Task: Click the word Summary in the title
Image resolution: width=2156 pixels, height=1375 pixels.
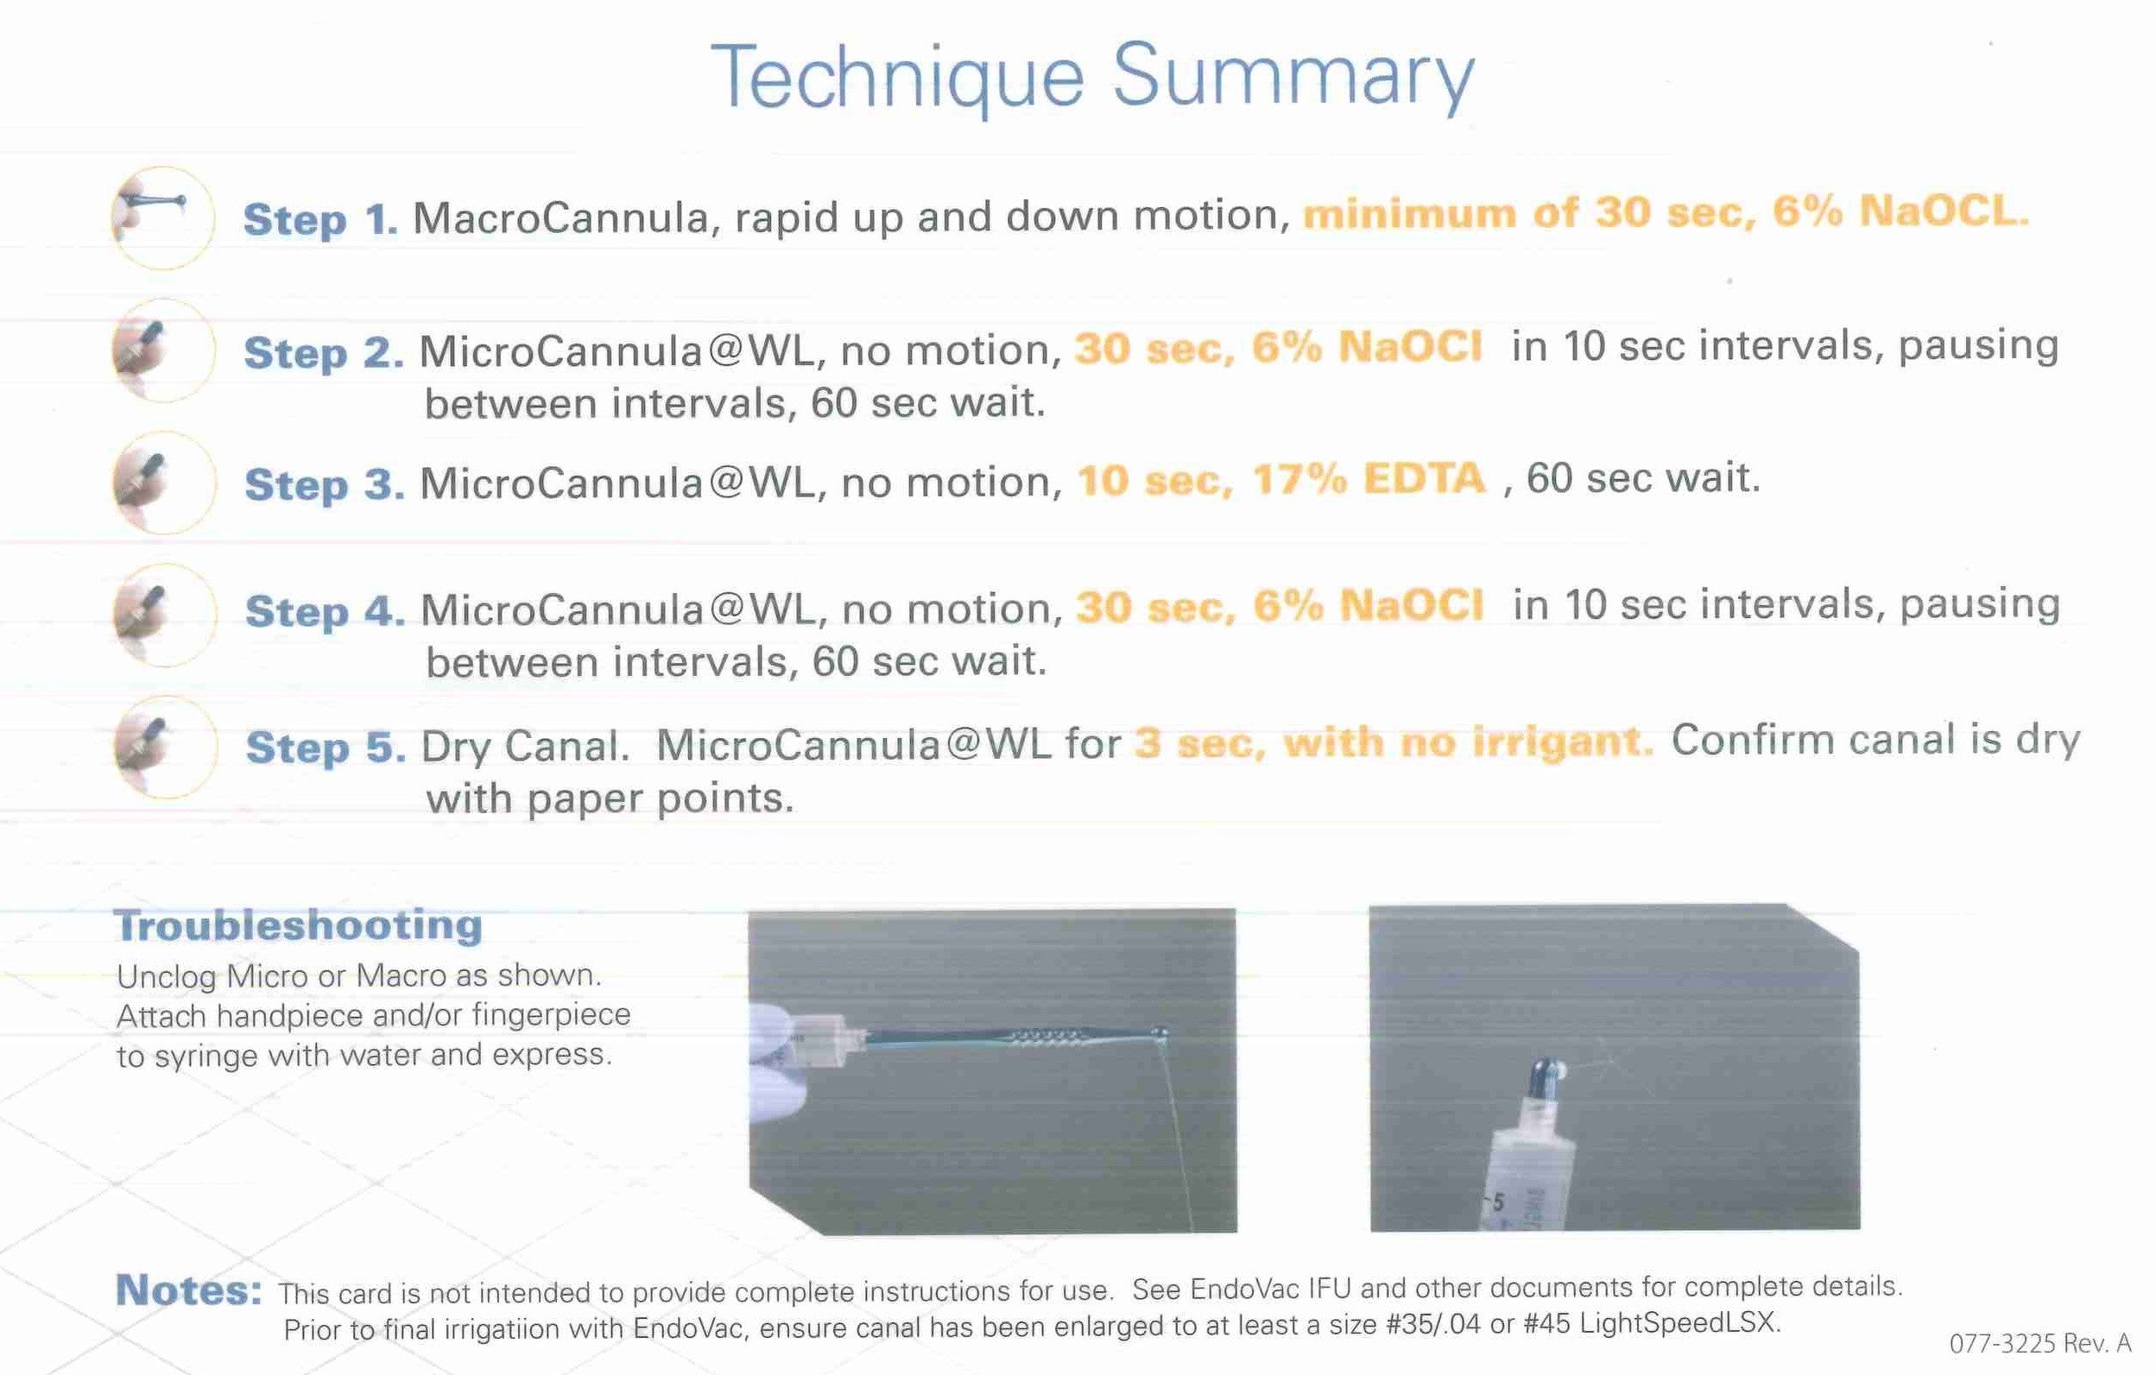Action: [1293, 79]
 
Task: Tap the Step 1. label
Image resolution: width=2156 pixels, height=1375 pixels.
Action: [320, 219]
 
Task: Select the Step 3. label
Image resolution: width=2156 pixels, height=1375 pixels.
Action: [324, 484]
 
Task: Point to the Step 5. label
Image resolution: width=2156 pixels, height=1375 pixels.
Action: [326, 747]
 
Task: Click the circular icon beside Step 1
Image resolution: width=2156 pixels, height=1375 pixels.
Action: [163, 218]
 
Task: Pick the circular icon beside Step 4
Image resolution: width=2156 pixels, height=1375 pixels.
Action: [165, 614]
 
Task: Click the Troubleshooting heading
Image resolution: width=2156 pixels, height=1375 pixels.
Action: [299, 924]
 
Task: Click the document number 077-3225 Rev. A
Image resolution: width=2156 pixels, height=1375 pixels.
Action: [2039, 1344]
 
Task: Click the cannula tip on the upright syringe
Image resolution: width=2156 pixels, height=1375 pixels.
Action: [1550, 1070]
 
